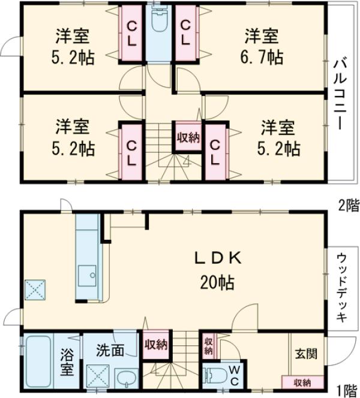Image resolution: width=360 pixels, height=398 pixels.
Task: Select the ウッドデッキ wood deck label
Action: tap(340, 286)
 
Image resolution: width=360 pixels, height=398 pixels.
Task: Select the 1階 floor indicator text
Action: tap(348, 390)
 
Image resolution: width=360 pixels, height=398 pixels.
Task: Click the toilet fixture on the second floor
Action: tap(159, 23)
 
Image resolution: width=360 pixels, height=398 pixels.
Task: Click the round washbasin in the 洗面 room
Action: tap(125, 378)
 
